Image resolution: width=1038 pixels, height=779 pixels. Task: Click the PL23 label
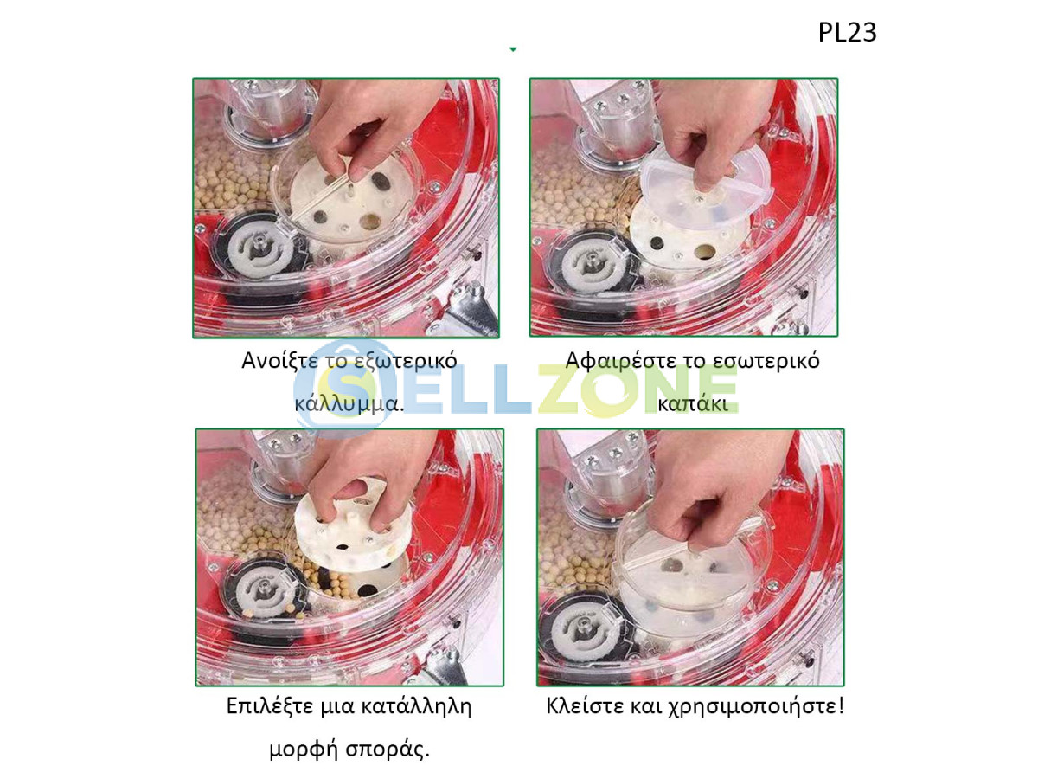tap(847, 32)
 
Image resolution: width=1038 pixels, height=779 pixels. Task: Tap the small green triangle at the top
tap(513, 49)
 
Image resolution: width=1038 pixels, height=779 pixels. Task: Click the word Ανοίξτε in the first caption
tap(279, 360)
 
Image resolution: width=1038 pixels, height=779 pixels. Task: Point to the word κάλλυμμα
tap(346, 404)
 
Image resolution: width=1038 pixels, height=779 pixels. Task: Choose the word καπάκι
tap(692, 403)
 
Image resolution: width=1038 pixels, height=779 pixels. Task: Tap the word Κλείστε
tap(585, 706)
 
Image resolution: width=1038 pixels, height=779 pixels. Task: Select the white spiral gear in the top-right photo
tap(592, 261)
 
